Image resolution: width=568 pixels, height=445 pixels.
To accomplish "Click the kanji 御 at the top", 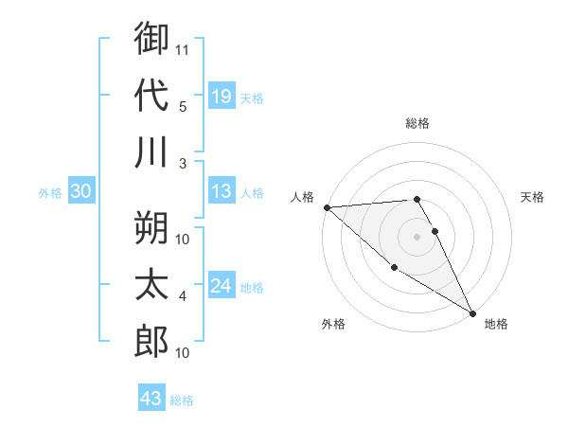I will pos(151,40).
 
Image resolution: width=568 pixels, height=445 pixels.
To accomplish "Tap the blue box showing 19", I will pos(221,96).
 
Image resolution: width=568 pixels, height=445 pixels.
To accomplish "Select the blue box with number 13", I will pos(221,192).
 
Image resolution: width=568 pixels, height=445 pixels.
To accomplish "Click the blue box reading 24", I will pos(221,286).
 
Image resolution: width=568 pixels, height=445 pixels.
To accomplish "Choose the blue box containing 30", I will pos(80,192).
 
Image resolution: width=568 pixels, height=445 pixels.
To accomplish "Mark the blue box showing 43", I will pos(151,399).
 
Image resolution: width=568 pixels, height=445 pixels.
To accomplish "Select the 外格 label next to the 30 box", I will pos(50,193).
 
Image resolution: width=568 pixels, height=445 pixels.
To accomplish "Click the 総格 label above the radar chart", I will pos(417,123).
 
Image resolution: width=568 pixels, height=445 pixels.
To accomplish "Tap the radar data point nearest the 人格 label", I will pos(326,207).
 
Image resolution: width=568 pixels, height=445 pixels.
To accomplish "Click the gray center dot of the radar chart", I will pos(417,236).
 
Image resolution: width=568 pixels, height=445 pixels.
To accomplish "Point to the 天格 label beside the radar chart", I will pos(533,197).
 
